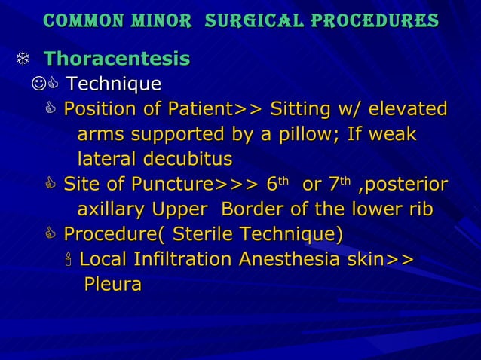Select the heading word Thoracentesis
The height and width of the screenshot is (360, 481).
point(117,58)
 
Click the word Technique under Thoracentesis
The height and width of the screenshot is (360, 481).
point(113,83)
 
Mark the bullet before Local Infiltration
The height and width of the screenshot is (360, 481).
point(68,261)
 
